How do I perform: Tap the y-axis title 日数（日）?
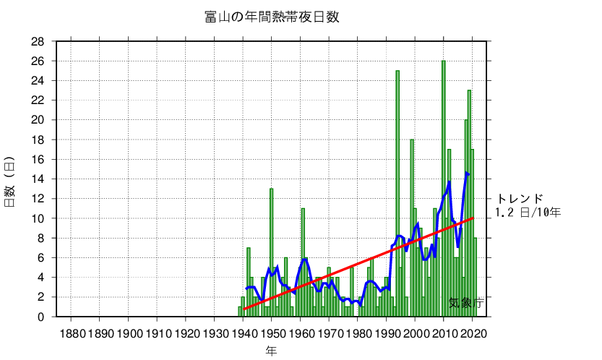pos(10,181)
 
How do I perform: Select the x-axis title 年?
pos(271,351)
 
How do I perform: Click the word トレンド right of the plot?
pos(519,199)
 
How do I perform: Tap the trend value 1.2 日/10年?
pos(528,212)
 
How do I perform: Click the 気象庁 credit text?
pos(465,304)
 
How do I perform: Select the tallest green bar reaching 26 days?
pos(444,188)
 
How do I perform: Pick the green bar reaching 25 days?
pos(397,195)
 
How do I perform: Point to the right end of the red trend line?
pos(473,218)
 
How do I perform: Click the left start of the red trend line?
pos(244,309)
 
